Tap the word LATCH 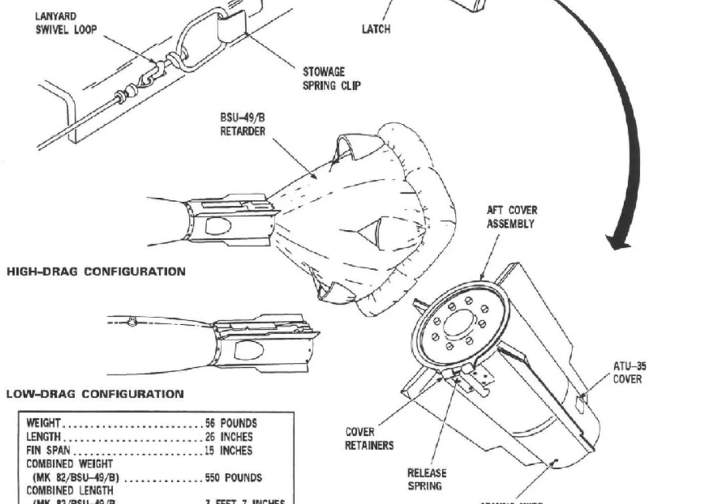376,29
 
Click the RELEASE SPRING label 427,479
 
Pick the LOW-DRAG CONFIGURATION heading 95,393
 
